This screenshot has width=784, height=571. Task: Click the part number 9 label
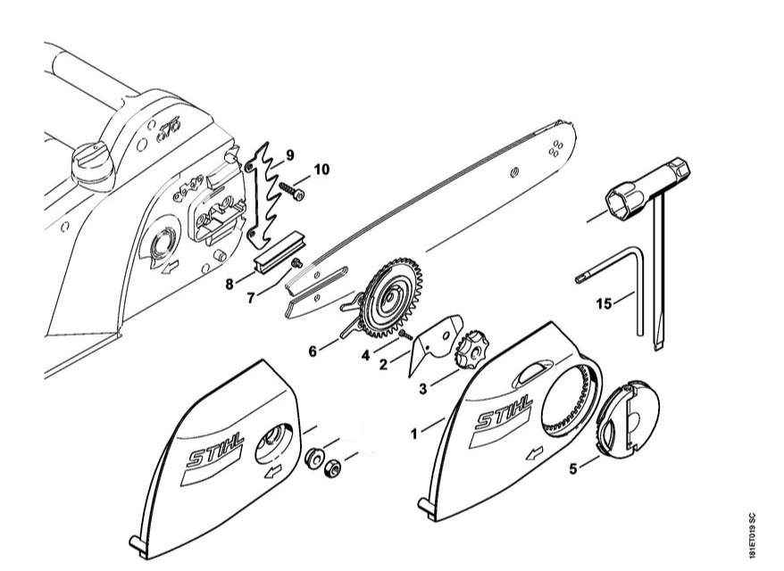(289, 155)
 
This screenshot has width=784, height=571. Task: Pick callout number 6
(313, 352)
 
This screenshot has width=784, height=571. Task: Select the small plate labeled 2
(435, 339)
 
